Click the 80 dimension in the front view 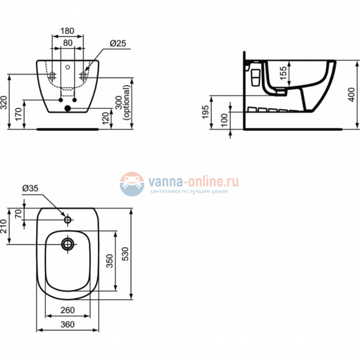[x=67, y=42]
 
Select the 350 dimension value [x=110, y=261]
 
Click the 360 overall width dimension [x=68, y=325]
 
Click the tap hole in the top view [x=68, y=220]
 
